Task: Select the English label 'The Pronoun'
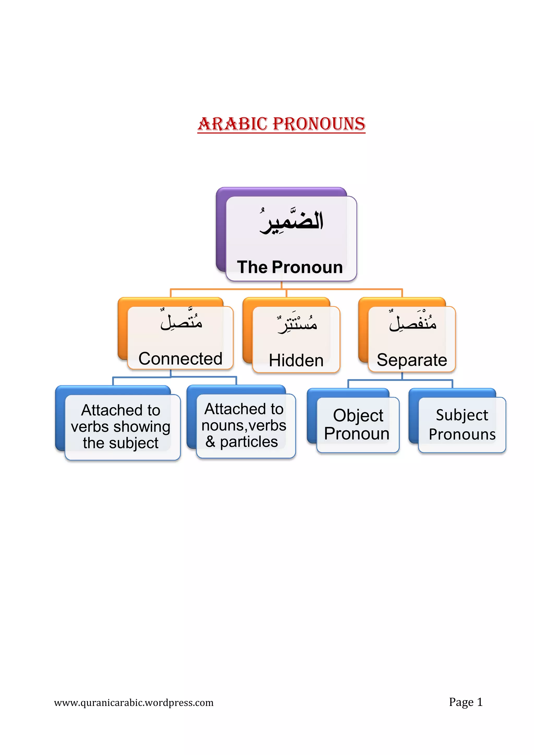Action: pyautogui.click(x=290, y=267)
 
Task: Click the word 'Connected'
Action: pyautogui.click(x=180, y=358)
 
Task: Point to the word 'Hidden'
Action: pyautogui.click(x=296, y=360)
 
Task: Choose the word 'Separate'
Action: pyautogui.click(x=412, y=360)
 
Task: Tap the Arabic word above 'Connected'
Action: pyautogui.click(x=181, y=321)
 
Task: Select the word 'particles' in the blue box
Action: pyautogui.click(x=249, y=442)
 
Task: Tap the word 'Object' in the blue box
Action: pyautogui.click(x=358, y=415)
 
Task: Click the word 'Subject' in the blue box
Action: pyautogui.click(x=462, y=415)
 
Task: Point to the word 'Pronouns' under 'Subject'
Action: pyautogui.click(x=462, y=434)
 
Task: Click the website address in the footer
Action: pyautogui.click(x=134, y=703)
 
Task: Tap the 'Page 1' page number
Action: pyautogui.click(x=466, y=702)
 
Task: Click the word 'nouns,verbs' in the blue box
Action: pyautogui.click(x=244, y=425)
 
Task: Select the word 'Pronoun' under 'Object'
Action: pyautogui.click(x=357, y=434)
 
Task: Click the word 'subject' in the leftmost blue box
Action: pyautogui.click(x=134, y=443)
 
